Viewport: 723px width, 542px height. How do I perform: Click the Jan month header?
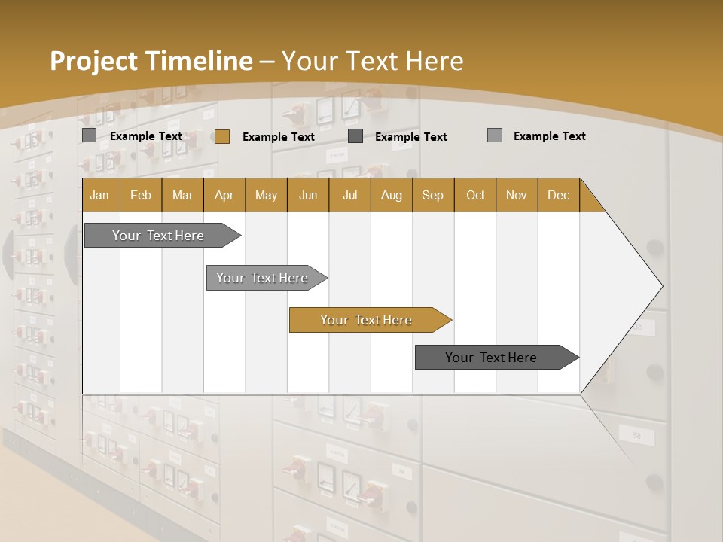click(x=100, y=195)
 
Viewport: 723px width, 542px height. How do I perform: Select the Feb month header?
click(x=141, y=195)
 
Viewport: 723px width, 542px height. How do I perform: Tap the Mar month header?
click(x=182, y=195)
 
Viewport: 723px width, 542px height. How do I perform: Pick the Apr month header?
click(x=224, y=195)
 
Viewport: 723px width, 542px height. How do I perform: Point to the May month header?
click(x=266, y=195)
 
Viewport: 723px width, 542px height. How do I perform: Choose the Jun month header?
click(x=308, y=195)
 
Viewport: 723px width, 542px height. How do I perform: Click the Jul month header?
click(x=349, y=195)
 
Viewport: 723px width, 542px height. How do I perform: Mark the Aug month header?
click(x=392, y=195)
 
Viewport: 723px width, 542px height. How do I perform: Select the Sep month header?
click(x=433, y=195)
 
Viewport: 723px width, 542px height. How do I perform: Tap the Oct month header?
click(x=475, y=195)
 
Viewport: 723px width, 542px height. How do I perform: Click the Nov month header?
click(x=517, y=195)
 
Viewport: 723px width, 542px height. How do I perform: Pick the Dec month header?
click(x=559, y=195)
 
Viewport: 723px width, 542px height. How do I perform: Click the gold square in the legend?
click(x=221, y=136)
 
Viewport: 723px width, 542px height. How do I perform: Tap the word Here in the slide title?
click(x=435, y=61)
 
